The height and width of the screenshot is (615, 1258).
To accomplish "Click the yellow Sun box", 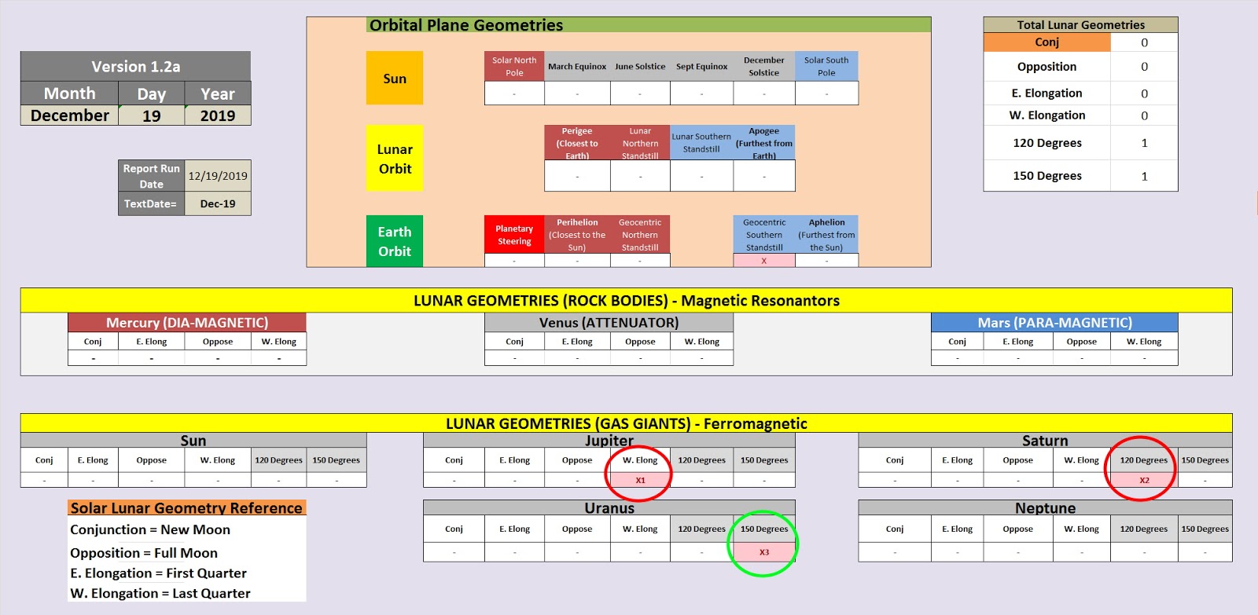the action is [395, 79].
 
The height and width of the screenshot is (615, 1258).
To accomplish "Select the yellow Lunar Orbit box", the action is [395, 159].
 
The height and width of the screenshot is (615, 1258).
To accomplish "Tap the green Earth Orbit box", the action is [395, 241].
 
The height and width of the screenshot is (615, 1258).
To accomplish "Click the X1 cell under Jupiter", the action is [640, 480].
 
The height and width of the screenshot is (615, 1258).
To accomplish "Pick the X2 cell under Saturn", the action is [1144, 480].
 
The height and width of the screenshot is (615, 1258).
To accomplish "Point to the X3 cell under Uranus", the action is [764, 552].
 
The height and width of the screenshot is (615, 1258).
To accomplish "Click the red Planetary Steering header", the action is [514, 235].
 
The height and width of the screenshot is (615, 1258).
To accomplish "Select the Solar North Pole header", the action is [514, 66].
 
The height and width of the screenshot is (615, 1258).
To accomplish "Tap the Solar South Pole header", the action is [826, 66].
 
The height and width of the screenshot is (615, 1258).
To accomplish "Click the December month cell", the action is [70, 115].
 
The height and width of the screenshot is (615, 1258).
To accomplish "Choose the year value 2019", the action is [218, 115].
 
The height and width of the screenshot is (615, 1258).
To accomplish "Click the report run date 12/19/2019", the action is [218, 176].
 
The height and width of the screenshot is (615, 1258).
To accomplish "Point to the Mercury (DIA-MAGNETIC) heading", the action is [187, 323].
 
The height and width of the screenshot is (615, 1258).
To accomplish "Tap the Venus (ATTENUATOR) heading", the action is [609, 323].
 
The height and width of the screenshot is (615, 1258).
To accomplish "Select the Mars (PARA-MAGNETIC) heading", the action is [1054, 323].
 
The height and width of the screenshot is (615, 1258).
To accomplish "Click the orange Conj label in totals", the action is [1046, 42].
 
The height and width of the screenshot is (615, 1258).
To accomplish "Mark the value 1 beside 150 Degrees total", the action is [1144, 176].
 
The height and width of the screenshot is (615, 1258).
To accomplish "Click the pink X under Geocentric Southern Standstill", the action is [764, 261].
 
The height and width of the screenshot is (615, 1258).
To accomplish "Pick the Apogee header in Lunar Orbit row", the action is [764, 143].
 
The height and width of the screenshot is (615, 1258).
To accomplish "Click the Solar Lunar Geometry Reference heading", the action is [186, 508].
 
